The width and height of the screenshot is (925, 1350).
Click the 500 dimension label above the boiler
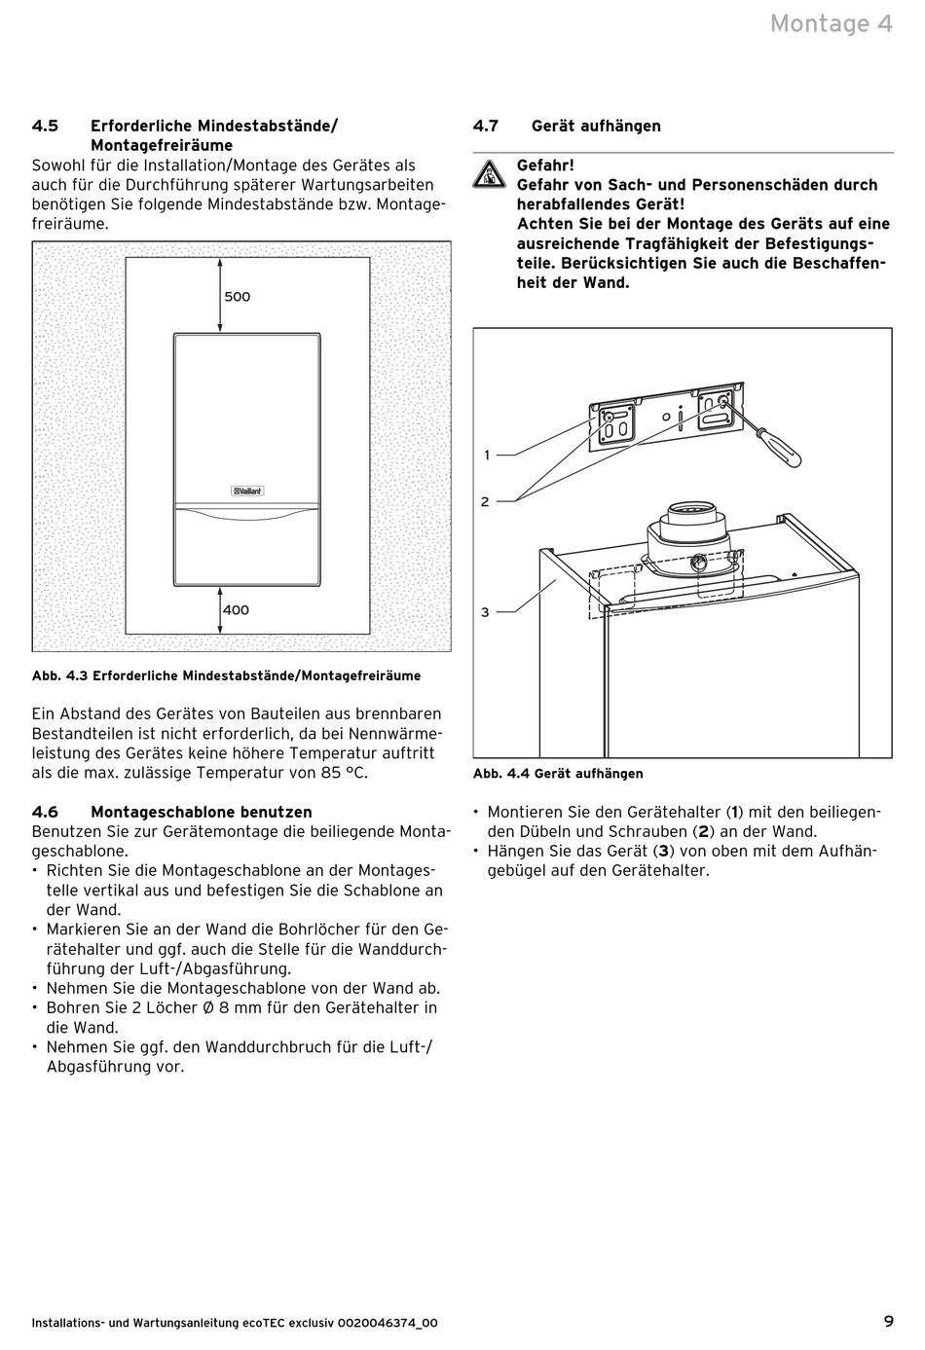238,297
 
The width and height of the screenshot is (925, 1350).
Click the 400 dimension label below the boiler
237,610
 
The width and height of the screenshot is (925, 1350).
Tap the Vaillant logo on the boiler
247,491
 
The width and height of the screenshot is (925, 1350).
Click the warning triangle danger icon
484,175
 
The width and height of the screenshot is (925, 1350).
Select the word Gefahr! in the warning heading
545,165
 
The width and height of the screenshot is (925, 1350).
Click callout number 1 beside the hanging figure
487,455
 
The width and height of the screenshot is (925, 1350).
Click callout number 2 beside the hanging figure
485,501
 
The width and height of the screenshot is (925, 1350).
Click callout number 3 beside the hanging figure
485,612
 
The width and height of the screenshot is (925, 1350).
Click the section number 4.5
45,126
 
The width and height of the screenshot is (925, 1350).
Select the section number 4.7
486,126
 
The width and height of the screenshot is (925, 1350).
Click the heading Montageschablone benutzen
202,812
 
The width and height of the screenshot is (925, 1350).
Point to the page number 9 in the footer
888,1321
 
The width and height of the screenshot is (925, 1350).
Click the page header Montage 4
831,23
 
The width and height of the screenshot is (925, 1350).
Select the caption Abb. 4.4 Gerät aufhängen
558,774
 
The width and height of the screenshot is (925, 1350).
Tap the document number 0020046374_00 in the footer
388,1323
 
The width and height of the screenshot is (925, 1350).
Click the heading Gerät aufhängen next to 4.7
596,126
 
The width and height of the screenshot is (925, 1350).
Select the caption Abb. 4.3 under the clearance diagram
226,675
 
